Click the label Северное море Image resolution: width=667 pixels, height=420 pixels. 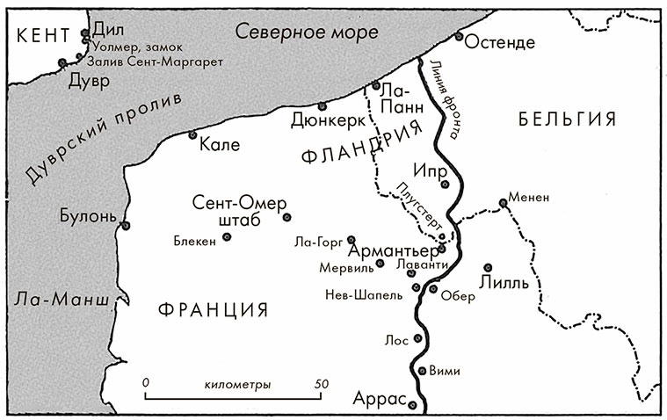click(x=307, y=33)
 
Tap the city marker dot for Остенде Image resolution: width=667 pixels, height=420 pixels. click(x=459, y=36)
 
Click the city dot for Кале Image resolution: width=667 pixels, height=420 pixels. click(x=192, y=134)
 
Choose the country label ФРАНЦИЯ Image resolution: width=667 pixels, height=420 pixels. click(x=214, y=308)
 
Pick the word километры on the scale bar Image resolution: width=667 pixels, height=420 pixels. click(x=236, y=385)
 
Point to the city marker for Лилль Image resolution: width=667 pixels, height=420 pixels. click(x=487, y=268)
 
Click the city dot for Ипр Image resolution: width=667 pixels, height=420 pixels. click(x=446, y=184)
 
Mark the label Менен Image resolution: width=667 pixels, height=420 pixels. click(x=530, y=198)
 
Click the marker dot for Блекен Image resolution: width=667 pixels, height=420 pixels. click(x=227, y=236)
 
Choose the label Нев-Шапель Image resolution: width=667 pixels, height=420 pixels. click(x=364, y=294)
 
